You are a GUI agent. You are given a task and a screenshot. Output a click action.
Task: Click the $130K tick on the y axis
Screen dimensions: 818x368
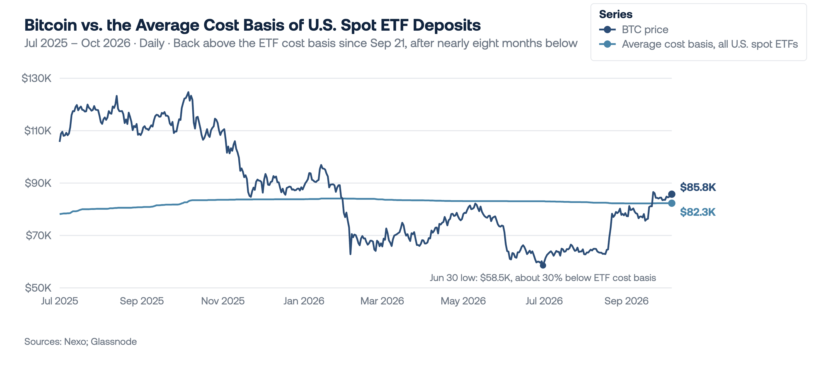[36, 78]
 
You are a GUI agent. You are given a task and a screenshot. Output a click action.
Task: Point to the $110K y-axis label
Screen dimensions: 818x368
[37, 130]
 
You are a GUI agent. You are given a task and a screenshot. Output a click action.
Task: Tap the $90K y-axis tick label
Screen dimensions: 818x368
[38, 183]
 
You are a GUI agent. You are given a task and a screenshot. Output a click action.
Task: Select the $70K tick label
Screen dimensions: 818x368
[38, 235]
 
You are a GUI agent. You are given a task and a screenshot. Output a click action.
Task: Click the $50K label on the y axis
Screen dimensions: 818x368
[38, 288]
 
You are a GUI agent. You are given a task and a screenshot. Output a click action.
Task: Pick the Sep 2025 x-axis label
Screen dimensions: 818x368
[142, 301]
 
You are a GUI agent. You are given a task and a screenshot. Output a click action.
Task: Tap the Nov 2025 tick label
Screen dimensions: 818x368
[223, 301]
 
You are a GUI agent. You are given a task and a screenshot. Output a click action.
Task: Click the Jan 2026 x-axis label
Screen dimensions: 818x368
[304, 301]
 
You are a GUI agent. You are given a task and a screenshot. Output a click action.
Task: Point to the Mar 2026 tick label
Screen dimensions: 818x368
[382, 301]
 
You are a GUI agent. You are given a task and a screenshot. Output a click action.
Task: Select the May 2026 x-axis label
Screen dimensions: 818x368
[463, 301]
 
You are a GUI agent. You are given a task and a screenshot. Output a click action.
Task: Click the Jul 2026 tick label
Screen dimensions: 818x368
[544, 301]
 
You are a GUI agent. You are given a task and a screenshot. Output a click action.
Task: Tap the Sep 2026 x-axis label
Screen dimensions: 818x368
[626, 301]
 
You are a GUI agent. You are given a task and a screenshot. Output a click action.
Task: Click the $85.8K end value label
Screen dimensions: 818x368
[698, 187]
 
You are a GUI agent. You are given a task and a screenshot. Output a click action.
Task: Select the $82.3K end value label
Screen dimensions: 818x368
[698, 212]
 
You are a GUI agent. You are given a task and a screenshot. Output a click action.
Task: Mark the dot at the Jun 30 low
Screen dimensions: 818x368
[543, 265]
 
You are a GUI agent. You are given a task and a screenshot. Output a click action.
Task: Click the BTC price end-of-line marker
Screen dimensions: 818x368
[672, 194]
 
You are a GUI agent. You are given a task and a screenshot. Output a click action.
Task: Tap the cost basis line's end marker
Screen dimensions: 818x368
[672, 203]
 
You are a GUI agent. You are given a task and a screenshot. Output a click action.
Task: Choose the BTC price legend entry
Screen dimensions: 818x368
[633, 30]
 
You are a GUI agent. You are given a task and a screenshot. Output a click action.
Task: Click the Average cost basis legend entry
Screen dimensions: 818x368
[698, 44]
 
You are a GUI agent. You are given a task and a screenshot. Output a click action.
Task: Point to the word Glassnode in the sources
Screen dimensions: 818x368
[114, 341]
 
